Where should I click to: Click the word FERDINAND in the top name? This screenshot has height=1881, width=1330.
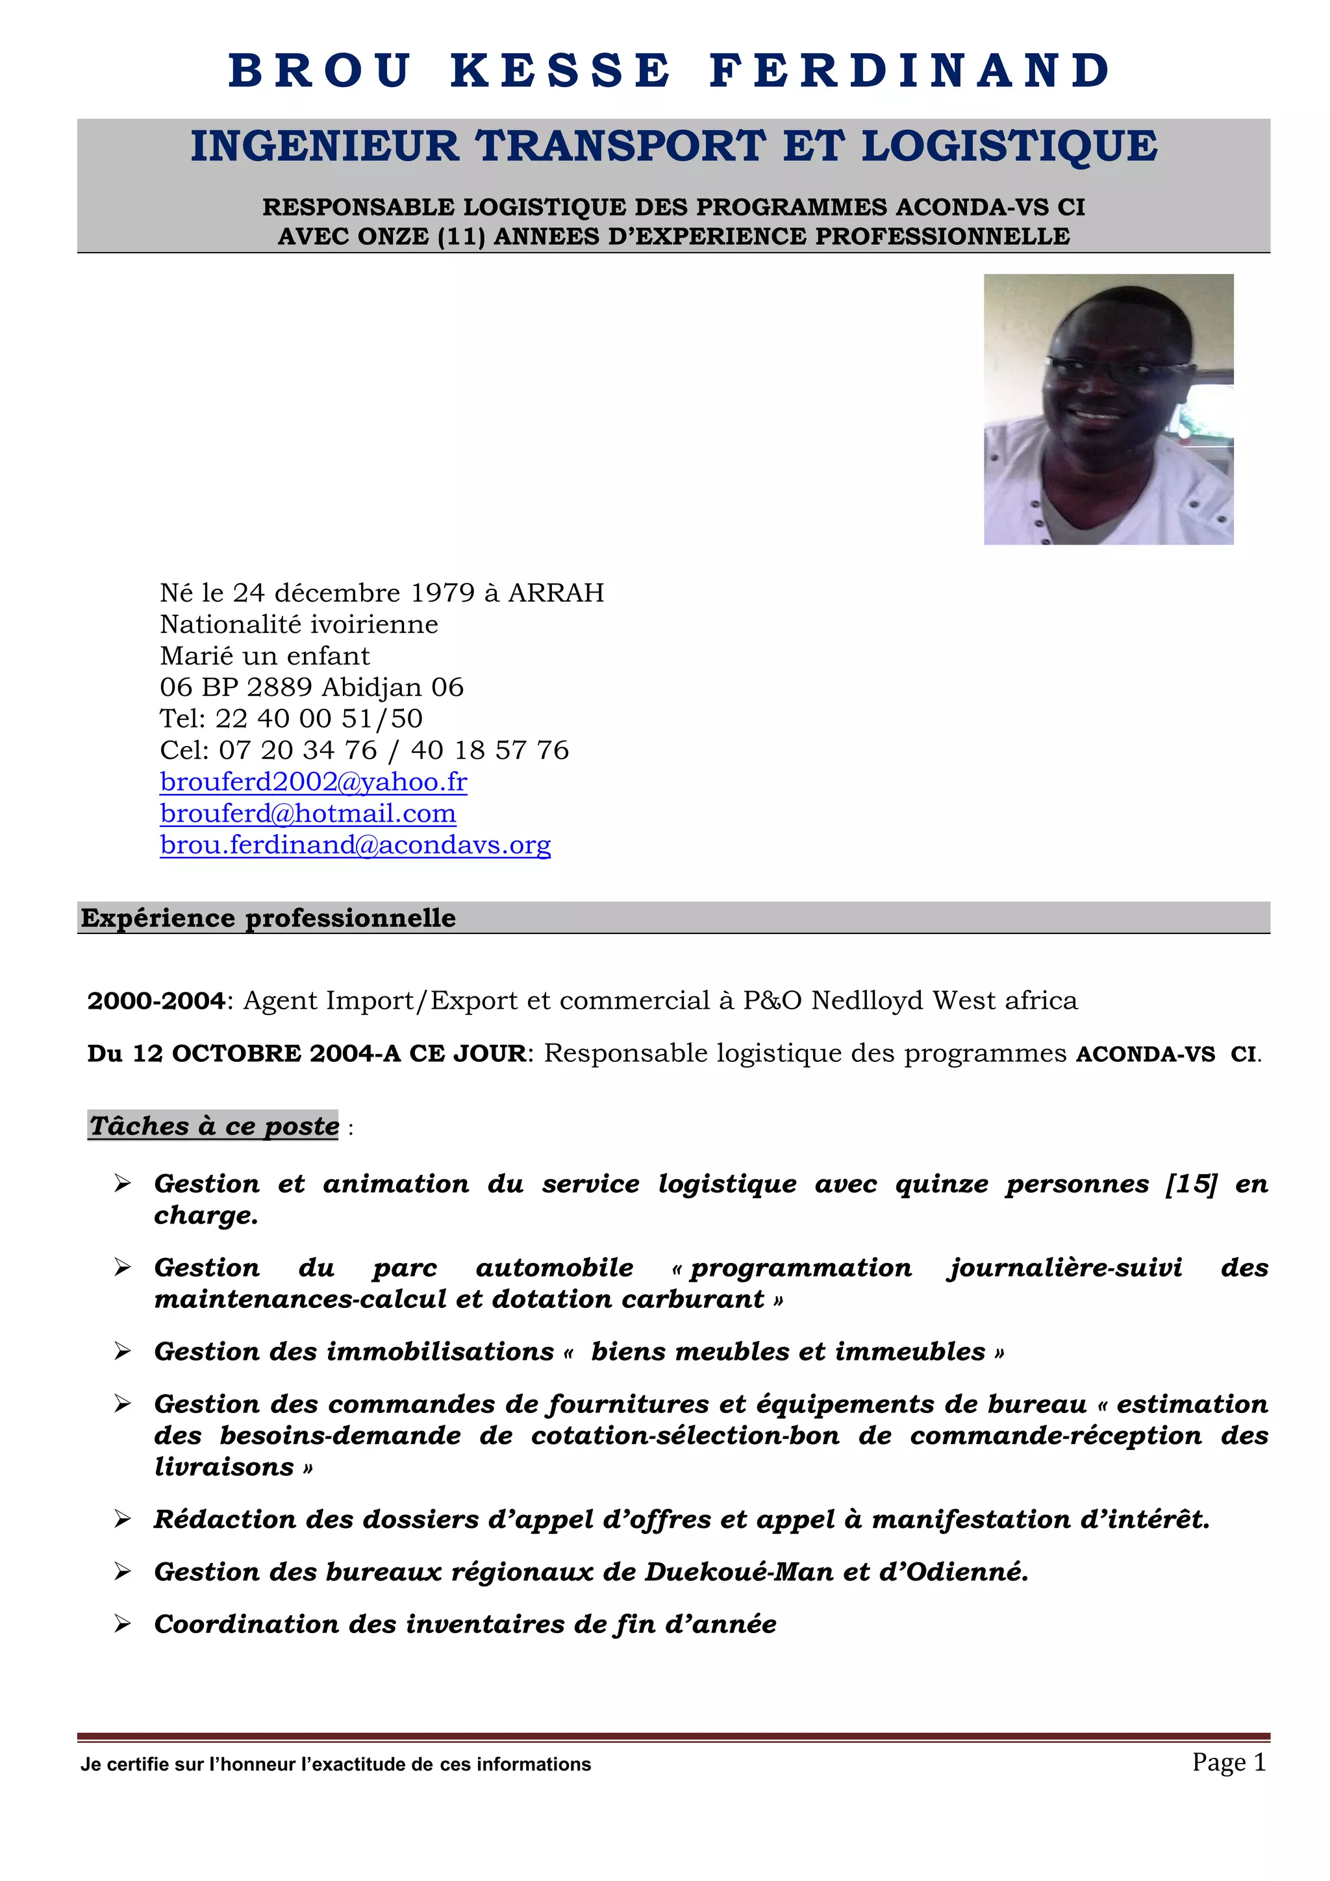pos(910,71)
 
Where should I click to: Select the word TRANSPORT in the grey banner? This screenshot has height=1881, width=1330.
pos(620,147)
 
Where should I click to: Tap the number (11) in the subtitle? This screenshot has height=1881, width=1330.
pos(461,237)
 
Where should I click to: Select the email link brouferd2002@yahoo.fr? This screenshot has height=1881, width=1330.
pos(313,781)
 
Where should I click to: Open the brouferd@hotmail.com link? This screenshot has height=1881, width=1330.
pos(308,813)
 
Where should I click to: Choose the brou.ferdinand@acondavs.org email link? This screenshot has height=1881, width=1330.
pos(355,844)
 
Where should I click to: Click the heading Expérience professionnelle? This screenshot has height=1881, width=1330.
pos(268,918)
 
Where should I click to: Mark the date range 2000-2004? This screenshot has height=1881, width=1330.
pos(156,1000)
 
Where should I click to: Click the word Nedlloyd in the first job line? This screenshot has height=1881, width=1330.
pos(867,1000)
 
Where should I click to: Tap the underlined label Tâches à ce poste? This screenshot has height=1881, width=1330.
pos(214,1125)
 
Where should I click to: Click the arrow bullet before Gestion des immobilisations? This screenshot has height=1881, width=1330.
pos(123,1351)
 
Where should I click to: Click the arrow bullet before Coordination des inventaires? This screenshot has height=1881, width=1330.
pos(123,1624)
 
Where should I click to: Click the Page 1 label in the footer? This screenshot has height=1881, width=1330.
pos(1229,1762)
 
